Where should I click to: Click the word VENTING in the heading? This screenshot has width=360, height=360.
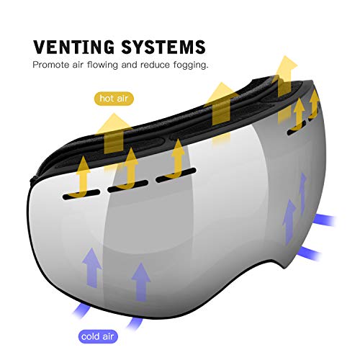click(x=74, y=47)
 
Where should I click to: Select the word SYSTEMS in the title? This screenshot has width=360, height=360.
click(x=163, y=47)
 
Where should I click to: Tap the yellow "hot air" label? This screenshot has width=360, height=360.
click(x=114, y=99)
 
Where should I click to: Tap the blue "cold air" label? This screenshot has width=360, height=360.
click(x=98, y=336)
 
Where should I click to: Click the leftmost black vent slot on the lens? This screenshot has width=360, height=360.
click(x=81, y=194)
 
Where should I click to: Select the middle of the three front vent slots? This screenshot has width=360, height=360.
click(x=127, y=186)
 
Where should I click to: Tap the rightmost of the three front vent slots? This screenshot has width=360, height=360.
click(x=176, y=175)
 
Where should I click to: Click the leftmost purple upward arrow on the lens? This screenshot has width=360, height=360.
click(x=91, y=268)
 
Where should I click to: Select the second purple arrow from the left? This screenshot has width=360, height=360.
click(x=141, y=282)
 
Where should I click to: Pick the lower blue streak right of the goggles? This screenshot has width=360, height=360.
click(x=310, y=253)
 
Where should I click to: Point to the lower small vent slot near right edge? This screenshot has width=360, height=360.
click(x=297, y=128)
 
